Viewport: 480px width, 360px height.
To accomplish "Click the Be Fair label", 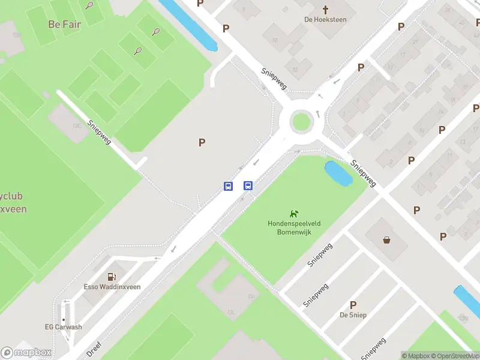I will [x=64, y=25].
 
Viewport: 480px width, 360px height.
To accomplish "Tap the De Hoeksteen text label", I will [x=326, y=19].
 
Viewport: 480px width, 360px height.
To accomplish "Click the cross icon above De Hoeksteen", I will [x=326, y=10].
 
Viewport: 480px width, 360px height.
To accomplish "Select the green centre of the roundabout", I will [x=301, y=122].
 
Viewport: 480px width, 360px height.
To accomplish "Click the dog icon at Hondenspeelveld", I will [x=294, y=213].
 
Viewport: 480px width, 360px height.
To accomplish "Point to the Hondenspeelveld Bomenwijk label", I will [x=294, y=227].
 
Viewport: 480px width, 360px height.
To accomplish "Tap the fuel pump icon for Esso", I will [x=112, y=277].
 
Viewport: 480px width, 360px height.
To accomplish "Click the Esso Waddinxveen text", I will [x=112, y=287].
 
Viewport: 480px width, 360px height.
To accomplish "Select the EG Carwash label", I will [x=64, y=327].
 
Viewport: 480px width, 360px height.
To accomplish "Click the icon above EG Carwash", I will [x=64, y=318].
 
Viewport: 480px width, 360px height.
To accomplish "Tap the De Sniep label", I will [x=353, y=315].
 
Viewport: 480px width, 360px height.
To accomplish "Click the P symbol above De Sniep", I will [x=353, y=305].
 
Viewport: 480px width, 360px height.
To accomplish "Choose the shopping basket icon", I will [x=387, y=240].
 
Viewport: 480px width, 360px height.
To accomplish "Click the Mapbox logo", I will [x=26, y=353].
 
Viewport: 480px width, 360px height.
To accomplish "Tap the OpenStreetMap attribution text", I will [x=453, y=356].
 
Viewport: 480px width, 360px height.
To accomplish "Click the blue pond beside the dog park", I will [x=338, y=174].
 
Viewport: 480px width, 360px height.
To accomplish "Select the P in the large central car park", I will [x=202, y=142].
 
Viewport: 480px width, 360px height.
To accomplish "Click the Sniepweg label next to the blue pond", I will [x=364, y=173].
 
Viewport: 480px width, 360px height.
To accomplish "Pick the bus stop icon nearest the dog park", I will [x=248, y=186].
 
